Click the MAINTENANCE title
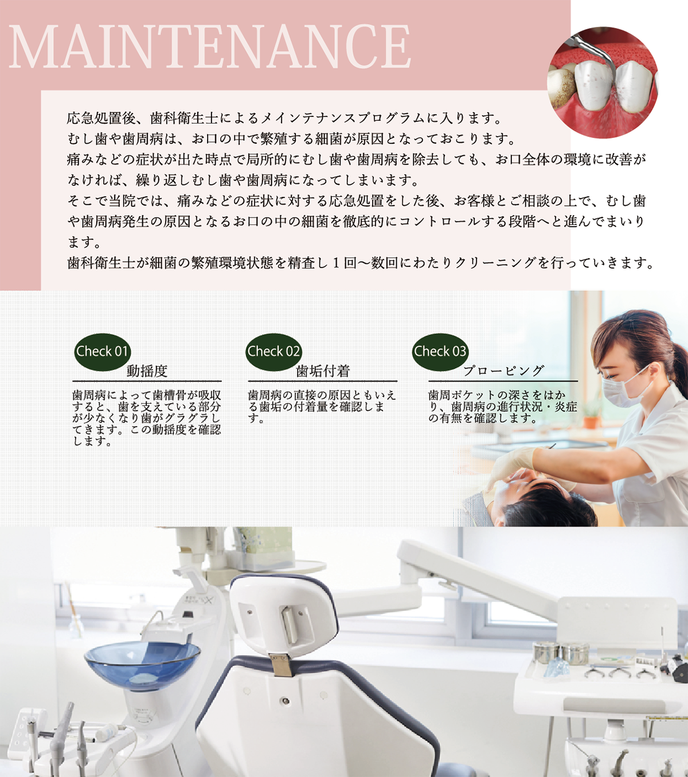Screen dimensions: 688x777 pos(209,46)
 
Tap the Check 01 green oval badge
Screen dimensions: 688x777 pos(102,352)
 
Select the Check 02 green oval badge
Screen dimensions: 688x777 pos(273,352)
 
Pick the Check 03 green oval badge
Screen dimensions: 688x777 pos(440,352)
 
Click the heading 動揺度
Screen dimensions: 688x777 pos(147,371)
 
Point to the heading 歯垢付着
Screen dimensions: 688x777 pos(323,371)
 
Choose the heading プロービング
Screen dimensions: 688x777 pos(503,370)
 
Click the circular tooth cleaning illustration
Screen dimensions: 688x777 pos(603,83)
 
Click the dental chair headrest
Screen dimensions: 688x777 pos(284,620)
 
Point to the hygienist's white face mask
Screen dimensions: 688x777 pos(626,386)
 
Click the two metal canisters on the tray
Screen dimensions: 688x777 pos(561,652)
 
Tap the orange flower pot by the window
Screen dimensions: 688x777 pos(592,422)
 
